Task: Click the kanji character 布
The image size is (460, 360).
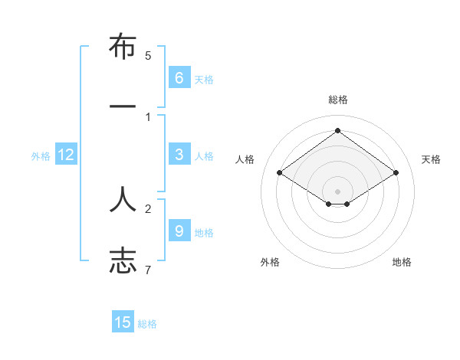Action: [123, 47]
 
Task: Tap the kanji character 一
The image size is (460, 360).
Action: [123, 106]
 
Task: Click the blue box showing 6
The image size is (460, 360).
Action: [179, 77]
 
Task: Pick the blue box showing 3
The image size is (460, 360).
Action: [179, 154]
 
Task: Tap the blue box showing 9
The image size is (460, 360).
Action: [179, 231]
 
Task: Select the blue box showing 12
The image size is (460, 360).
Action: [65, 155]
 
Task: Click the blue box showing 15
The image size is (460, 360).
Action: [123, 322]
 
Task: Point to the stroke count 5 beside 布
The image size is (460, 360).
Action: [148, 56]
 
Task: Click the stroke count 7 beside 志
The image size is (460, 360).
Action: [148, 270]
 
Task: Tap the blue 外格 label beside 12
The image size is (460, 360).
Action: [41, 156]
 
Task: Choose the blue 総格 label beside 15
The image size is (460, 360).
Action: [147, 324]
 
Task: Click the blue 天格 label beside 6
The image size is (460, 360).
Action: [203, 79]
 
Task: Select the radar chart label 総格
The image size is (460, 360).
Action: [337, 100]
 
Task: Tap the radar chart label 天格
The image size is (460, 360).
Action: [431, 159]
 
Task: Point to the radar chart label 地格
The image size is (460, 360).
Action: [402, 262]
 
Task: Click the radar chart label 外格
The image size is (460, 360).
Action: [270, 262]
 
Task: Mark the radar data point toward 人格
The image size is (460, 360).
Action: [279, 173]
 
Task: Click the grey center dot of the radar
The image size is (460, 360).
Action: [337, 191]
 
